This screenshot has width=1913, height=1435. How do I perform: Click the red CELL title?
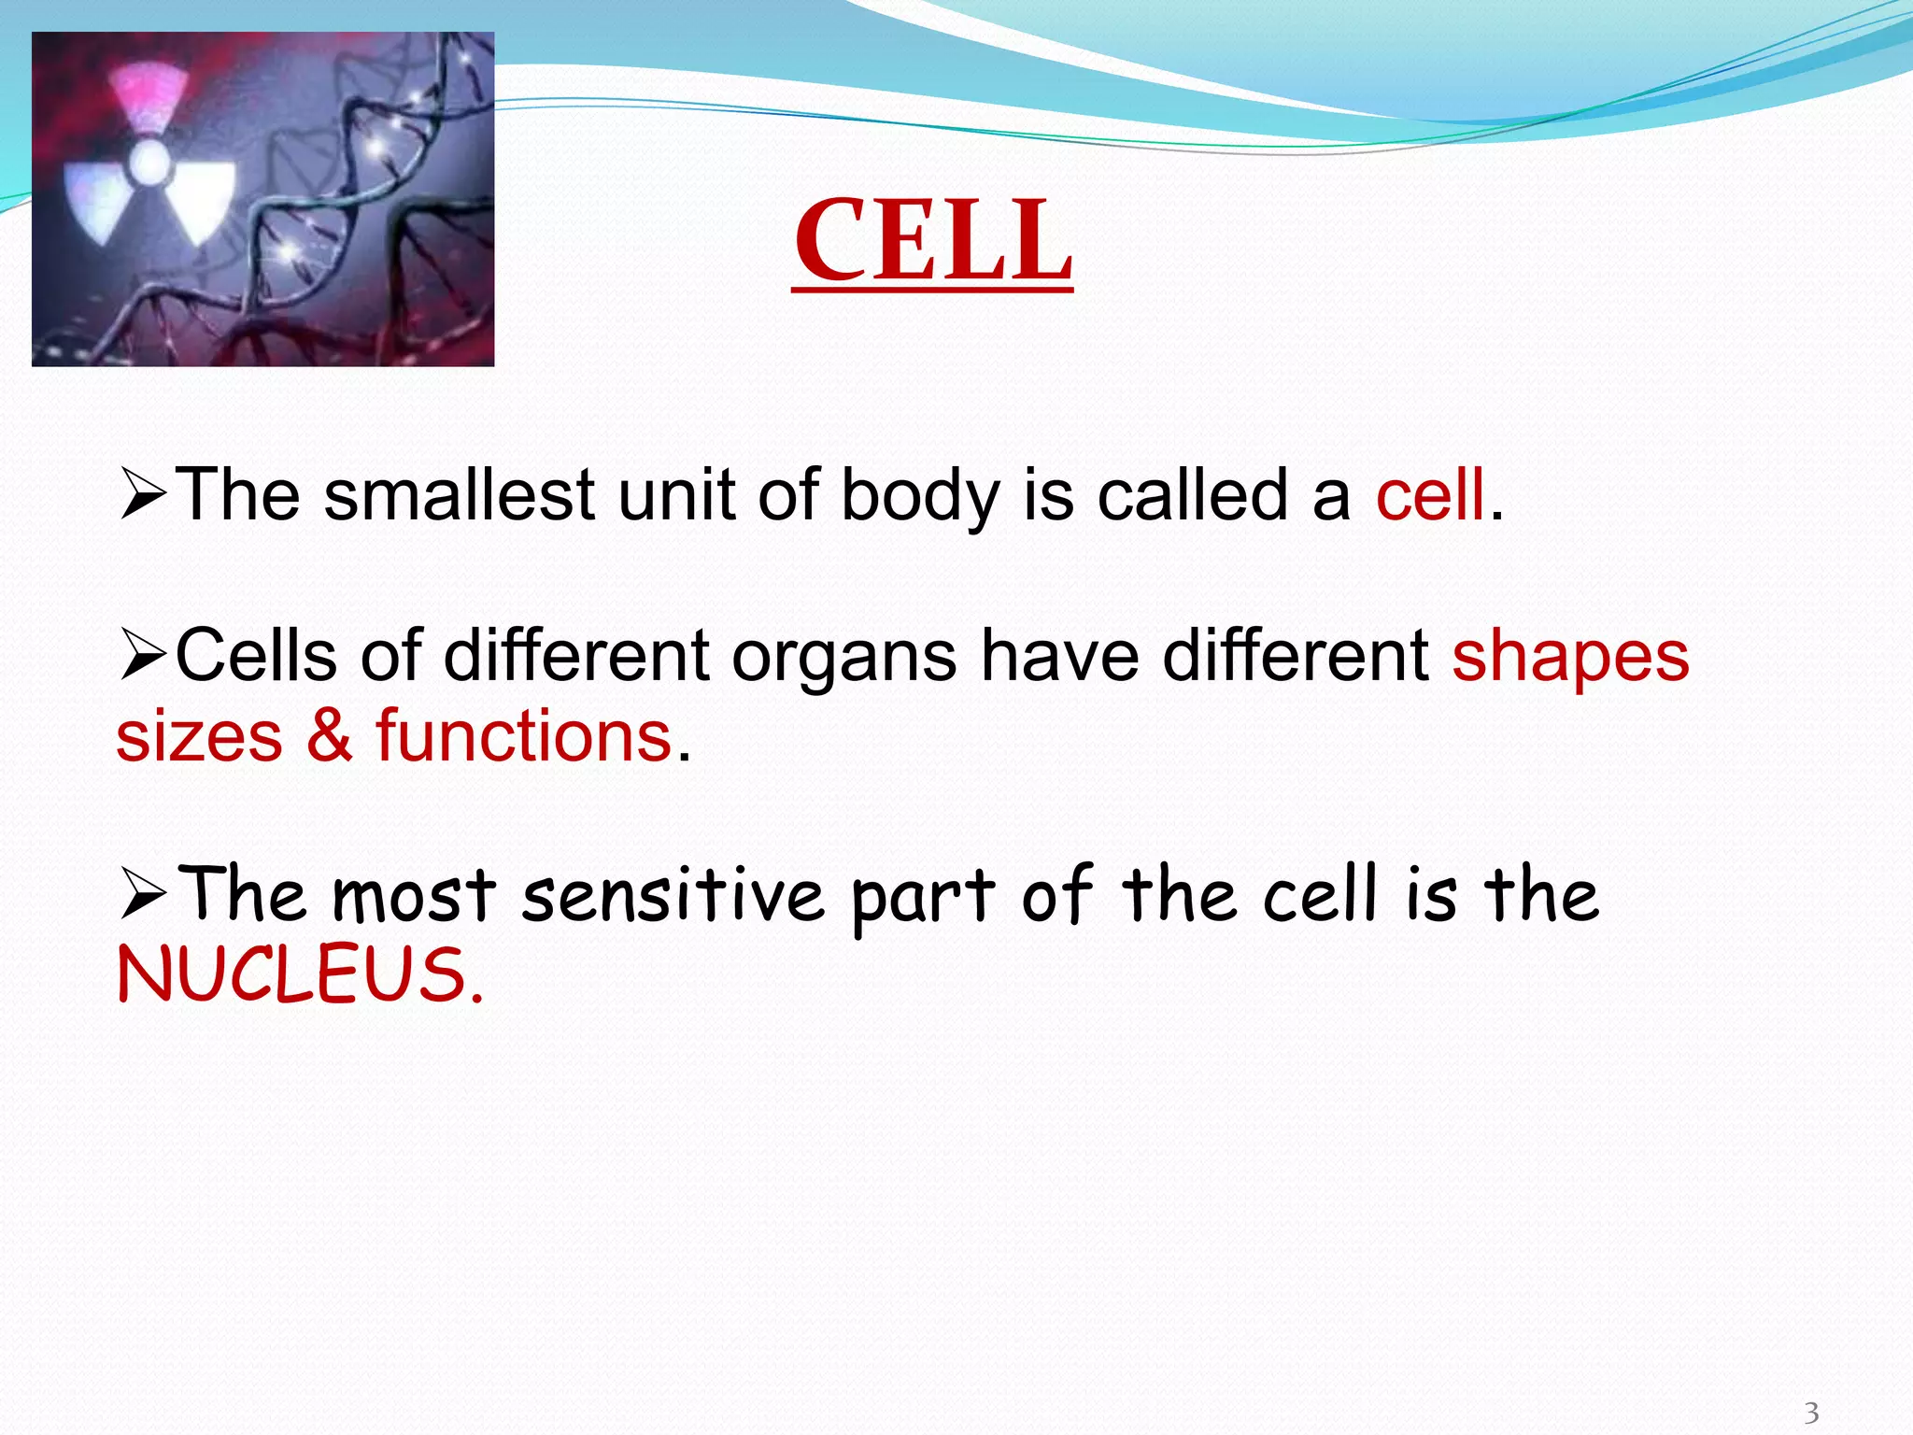(932, 240)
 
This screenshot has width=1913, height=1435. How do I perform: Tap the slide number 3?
(1811, 1412)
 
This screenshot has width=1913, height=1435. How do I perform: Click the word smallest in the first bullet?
(459, 494)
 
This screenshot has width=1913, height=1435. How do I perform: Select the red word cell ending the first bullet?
(1429, 494)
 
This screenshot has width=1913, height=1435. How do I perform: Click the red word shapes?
(1570, 656)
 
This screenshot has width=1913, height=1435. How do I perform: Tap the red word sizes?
(199, 736)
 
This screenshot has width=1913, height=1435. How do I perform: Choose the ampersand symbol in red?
(329, 734)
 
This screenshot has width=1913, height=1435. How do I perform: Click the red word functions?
(523, 735)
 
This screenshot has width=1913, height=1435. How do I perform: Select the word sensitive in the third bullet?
(673, 895)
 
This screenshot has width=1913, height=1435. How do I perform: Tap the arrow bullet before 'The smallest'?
(143, 496)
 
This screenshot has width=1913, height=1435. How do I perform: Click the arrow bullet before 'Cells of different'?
(143, 656)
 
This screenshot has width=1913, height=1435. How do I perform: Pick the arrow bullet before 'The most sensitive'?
(143, 895)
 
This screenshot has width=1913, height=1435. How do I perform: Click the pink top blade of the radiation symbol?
(146, 97)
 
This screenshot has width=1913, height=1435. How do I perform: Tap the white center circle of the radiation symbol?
(149, 164)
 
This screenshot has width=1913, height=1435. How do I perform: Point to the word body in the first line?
(919, 496)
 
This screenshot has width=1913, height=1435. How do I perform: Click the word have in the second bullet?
(1059, 656)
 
